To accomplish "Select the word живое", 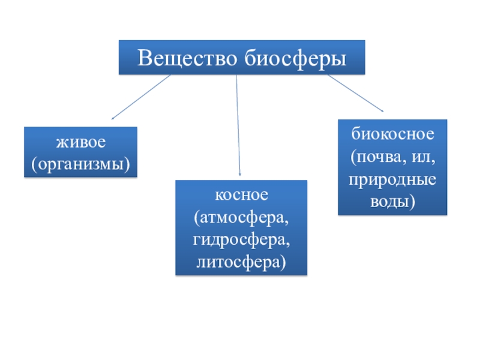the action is click(x=80, y=143).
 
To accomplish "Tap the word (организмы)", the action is click(x=80, y=162).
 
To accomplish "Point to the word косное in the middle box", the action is click(x=241, y=195).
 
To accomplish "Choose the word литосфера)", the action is click(x=241, y=262).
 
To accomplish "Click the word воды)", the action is click(x=392, y=202).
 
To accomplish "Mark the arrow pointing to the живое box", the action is click(x=142, y=96).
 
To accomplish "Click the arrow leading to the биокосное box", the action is click(x=354, y=92).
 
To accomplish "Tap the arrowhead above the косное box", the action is click(x=240, y=173).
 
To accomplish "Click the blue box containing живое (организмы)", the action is click(x=80, y=152).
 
